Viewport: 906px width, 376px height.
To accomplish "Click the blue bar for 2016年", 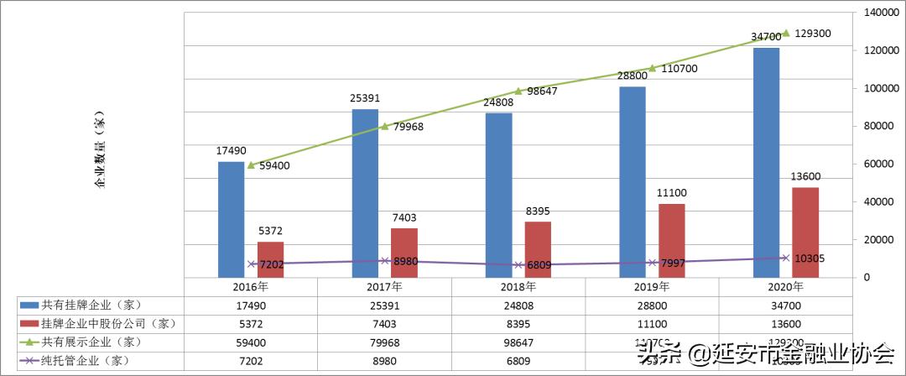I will [231, 219].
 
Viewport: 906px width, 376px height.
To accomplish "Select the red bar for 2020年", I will [805, 232].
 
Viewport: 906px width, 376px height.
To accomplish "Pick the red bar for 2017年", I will [404, 252].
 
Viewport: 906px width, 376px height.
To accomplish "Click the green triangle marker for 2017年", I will [385, 126].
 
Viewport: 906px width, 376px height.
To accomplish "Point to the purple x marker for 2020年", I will [786, 258].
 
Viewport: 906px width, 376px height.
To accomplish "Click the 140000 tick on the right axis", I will [876, 13].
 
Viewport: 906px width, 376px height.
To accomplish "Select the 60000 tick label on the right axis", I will [872, 164].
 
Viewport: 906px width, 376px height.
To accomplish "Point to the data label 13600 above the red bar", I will [805, 176].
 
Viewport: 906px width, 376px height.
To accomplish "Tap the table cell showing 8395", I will [518, 323].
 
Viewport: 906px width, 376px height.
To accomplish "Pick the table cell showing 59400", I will [251, 342].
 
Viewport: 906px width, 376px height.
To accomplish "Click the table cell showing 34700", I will [786, 305].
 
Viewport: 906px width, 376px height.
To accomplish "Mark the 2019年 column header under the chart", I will [653, 286].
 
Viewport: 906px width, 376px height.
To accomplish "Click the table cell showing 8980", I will [385, 360].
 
